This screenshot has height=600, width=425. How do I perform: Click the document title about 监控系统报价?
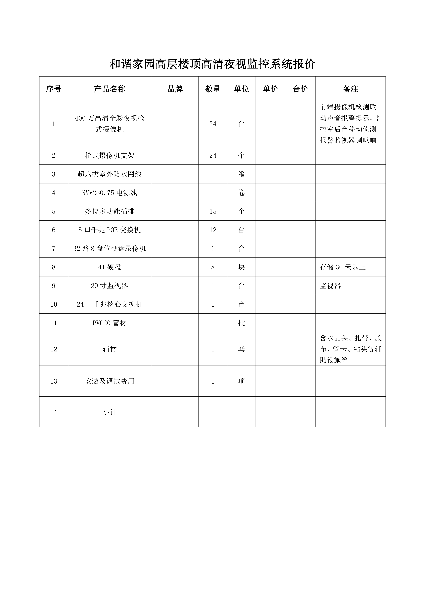click(x=212, y=64)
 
